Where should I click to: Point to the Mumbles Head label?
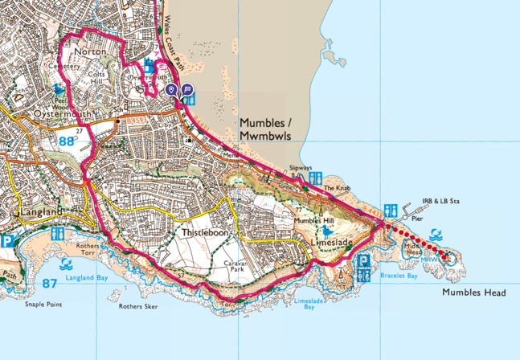click(473, 293)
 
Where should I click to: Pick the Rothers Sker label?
click(137, 306)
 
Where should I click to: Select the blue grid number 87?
click(49, 283)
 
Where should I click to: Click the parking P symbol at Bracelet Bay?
click(363, 263)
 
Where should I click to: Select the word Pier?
click(417, 218)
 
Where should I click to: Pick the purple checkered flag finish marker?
click(186, 90)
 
